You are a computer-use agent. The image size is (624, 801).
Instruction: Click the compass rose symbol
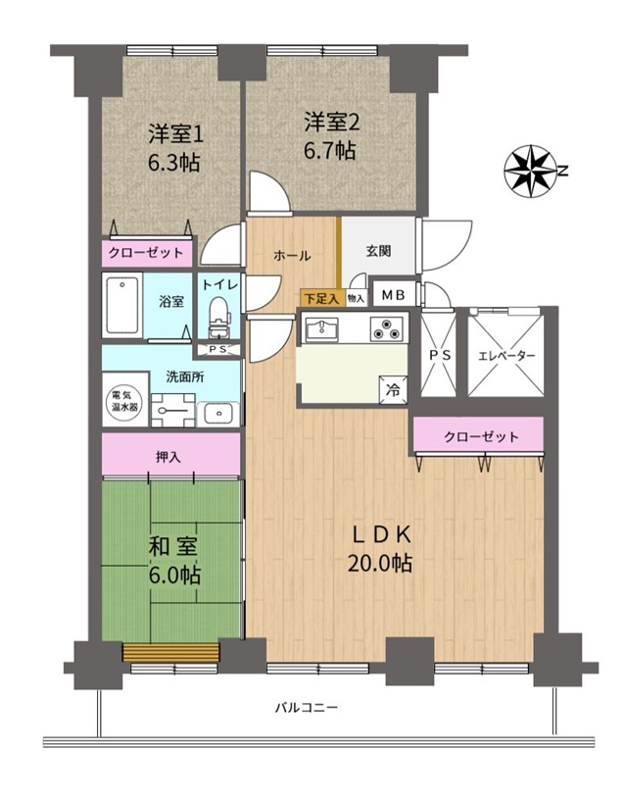point(530,172)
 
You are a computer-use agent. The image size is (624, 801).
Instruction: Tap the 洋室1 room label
point(176,135)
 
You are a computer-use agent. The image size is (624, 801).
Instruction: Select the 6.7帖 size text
point(330,151)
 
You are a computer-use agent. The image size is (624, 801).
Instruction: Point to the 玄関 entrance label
point(378,251)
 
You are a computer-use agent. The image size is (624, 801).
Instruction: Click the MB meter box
point(394,295)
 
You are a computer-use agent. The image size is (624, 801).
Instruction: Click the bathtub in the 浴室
point(121,306)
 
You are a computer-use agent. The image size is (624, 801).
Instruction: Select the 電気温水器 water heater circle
point(124,401)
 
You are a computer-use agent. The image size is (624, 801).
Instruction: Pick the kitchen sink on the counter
point(321,329)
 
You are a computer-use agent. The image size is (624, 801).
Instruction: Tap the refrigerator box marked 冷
point(393,390)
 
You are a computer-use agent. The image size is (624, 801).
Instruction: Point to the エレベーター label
point(506,356)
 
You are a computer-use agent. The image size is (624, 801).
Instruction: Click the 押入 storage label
point(168,457)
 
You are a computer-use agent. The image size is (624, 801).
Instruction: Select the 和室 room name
point(172,547)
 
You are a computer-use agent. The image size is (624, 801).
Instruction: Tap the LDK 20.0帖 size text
point(380,563)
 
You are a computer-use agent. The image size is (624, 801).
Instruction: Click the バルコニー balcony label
point(308,708)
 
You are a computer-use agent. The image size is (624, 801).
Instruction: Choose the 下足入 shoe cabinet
point(321,299)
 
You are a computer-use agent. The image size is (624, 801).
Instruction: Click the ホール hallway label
point(292,255)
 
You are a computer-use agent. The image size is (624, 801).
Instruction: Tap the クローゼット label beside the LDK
point(481,436)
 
